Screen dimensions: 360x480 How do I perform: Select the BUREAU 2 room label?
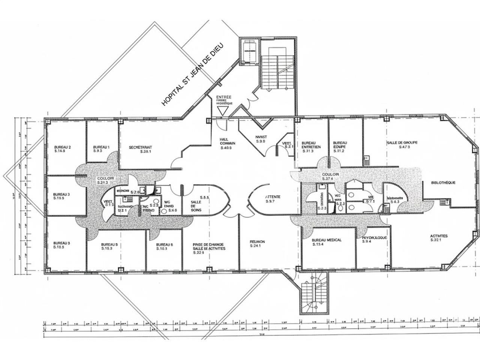click(x=63, y=147)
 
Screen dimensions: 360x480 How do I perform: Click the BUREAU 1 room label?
click(x=101, y=147)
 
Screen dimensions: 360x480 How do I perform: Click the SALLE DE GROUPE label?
click(x=402, y=142)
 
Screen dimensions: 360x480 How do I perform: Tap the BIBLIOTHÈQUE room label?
click(x=443, y=183)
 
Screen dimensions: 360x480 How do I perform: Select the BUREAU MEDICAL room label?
click(x=327, y=240)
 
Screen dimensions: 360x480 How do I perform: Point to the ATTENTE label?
click(x=273, y=197)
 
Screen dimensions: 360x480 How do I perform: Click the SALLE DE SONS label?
click(x=196, y=205)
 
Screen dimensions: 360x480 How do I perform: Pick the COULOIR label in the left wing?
click(x=106, y=178)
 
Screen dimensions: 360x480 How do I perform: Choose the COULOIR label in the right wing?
click(x=330, y=175)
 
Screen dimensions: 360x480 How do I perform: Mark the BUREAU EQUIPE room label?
click(x=340, y=145)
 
